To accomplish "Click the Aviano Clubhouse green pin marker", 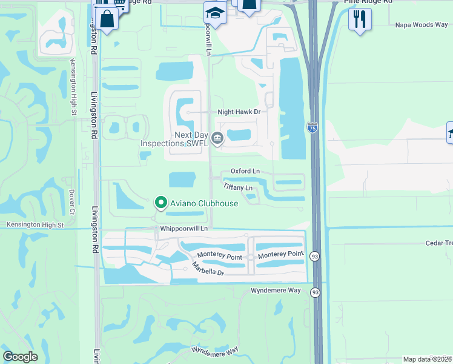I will pos(160,203).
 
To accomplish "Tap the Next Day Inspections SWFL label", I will pos(174,139).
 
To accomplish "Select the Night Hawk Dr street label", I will pos(239,112).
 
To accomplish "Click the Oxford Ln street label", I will pos(244,172).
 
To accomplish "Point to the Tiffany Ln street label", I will pos(238,187).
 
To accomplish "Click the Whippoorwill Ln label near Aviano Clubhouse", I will pos(184,229).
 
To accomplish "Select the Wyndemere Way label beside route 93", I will pos(276,291).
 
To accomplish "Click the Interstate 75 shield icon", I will pos(312,128).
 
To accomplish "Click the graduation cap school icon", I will pos(214,12).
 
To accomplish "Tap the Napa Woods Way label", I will pos(422,25).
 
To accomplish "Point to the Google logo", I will pos(21,357).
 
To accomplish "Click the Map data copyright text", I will pos(428,359).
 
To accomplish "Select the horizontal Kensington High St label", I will pos(35,225).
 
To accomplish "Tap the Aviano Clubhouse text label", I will pos(203,203).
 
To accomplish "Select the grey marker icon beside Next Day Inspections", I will pos(217,139).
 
